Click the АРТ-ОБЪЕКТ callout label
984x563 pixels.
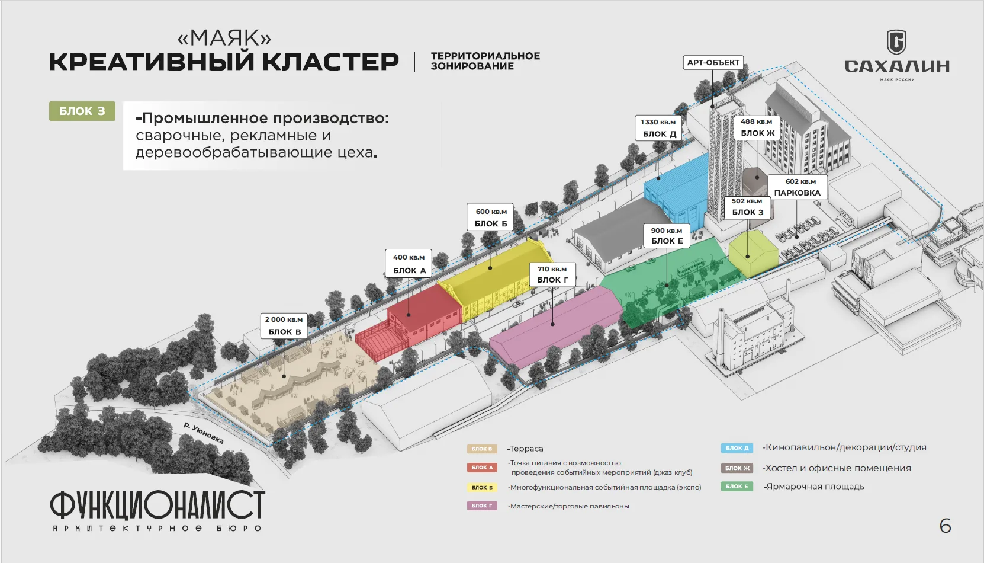[x=713, y=62]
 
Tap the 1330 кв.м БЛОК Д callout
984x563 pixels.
[x=658, y=128]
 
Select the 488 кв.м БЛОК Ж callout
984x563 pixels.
[x=757, y=127]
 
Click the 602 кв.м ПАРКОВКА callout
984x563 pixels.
[x=798, y=187]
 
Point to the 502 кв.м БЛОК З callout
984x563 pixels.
[x=747, y=207]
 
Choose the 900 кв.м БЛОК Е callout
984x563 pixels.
[x=667, y=236]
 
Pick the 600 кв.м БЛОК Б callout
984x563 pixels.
[x=491, y=217]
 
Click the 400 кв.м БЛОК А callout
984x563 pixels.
[x=409, y=264]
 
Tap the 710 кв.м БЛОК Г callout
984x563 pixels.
[x=552, y=274]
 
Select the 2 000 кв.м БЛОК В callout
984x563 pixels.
[x=284, y=325]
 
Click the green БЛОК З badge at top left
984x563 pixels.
[x=82, y=111]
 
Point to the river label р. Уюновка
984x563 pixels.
[x=204, y=433]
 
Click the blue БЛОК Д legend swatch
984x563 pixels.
[x=737, y=448]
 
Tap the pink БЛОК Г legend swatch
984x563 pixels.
[x=482, y=506]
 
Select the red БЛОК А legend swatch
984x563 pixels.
[x=482, y=468]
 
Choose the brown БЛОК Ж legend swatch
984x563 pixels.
[x=737, y=468]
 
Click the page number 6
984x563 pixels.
[x=946, y=526]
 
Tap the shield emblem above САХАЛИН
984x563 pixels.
[x=896, y=42]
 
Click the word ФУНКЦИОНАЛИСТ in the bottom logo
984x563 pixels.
[x=157, y=504]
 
